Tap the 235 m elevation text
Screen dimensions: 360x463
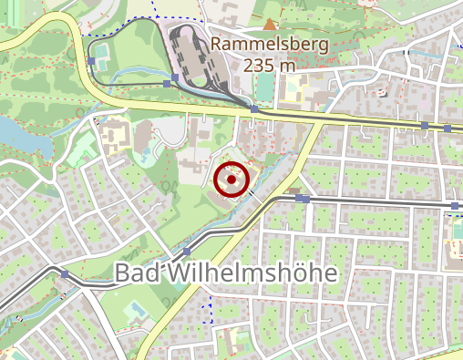click(270, 65)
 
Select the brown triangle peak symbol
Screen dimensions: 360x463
click(270, 24)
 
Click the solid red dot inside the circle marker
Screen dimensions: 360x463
click(232, 180)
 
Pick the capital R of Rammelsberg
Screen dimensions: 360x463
click(216, 44)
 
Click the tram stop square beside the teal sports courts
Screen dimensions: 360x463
click(92, 62)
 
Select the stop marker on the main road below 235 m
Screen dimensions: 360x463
click(254, 109)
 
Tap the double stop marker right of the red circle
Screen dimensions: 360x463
click(302, 198)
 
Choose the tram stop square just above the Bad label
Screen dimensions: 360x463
click(187, 251)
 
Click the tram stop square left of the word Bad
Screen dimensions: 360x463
click(65, 273)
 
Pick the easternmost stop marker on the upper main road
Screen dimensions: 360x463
click(448, 129)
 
